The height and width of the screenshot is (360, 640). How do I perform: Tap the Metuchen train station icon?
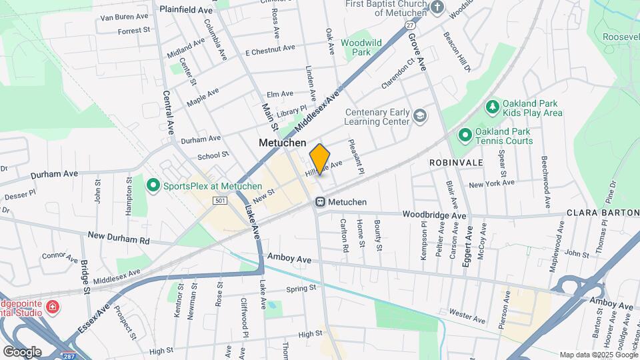[x=320, y=201]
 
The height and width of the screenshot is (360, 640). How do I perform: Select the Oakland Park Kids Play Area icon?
[x=492, y=107]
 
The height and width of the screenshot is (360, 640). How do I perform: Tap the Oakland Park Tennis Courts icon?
[x=465, y=135]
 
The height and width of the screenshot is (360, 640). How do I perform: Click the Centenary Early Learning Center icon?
[x=419, y=117]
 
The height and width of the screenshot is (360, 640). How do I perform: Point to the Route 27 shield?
[x=409, y=25]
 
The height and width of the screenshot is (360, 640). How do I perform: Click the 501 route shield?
[x=221, y=201]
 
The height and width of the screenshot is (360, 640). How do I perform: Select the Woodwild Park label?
[x=361, y=47]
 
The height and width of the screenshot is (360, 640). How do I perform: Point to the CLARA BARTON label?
[x=603, y=213]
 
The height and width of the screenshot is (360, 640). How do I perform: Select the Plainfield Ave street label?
[x=187, y=11]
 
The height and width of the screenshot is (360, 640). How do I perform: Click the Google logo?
[x=22, y=351]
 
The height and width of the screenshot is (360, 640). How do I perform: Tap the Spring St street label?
[x=300, y=289]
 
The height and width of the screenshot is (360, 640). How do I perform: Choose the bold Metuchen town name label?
[x=282, y=143]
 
